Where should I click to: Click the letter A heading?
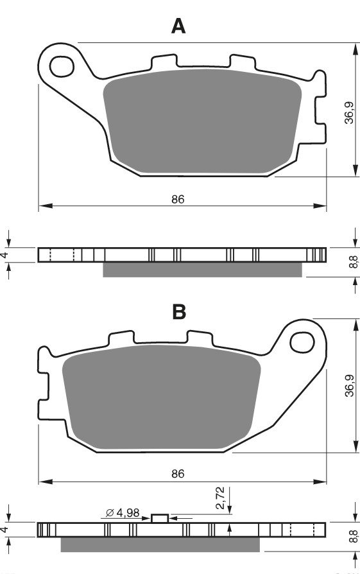[x=178, y=26]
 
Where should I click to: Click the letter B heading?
[x=179, y=312]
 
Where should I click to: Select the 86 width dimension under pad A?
[x=178, y=199]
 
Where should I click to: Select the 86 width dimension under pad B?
[x=178, y=474]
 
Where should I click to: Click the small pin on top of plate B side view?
[x=160, y=518]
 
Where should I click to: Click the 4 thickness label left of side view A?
[x=5, y=255]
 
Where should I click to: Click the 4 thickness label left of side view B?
[x=5, y=530]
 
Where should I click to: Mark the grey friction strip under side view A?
[x=202, y=270]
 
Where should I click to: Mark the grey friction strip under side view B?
[x=160, y=544]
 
